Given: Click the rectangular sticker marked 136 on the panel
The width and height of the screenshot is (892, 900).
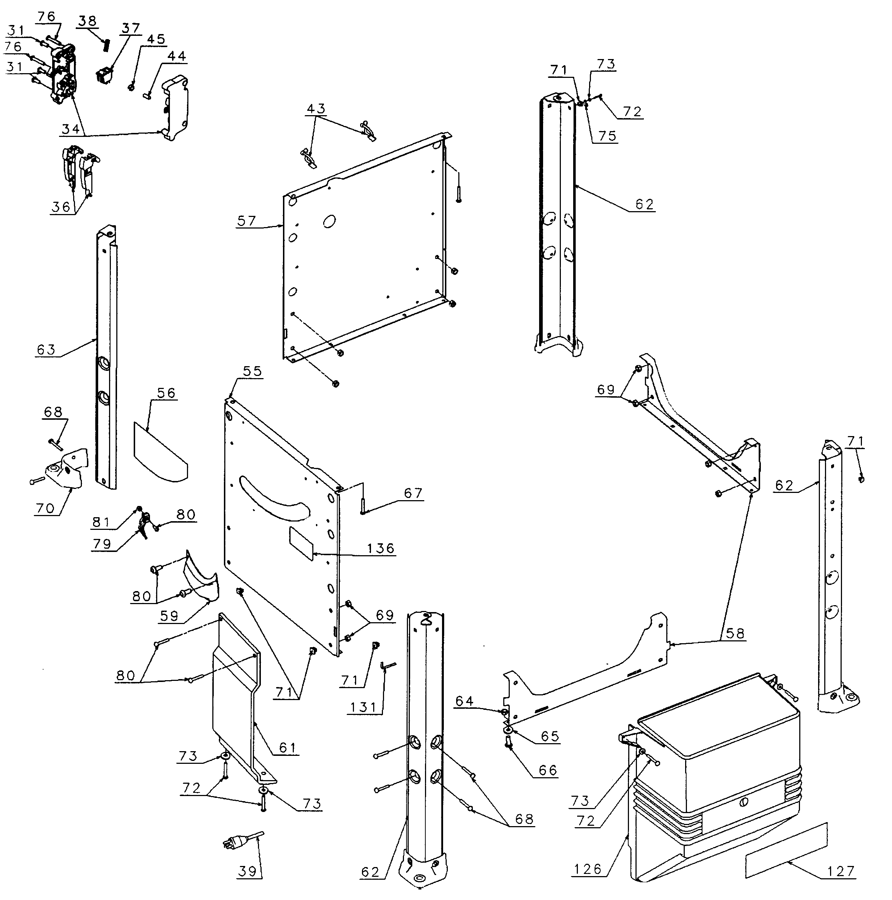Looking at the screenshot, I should pos(301,544).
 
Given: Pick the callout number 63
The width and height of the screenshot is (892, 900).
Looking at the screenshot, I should pos(46,349).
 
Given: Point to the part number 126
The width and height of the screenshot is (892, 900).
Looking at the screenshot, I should pos(587,869).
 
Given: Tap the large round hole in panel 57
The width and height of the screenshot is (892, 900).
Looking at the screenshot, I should pos(329,221).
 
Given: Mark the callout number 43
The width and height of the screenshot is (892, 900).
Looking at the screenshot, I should pos(316,109).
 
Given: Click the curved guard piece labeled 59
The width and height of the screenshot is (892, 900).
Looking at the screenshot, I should pos(200,580).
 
